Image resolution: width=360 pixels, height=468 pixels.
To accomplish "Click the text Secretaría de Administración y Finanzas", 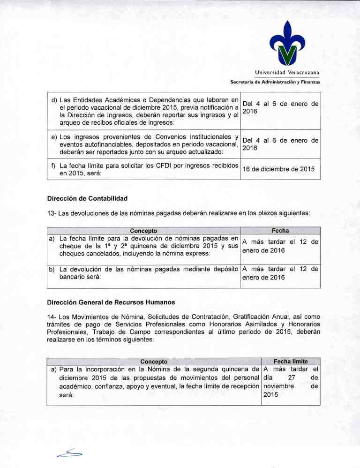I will (275, 82).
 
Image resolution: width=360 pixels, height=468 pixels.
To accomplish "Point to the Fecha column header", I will (280, 230).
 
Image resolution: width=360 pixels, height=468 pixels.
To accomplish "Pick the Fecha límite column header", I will (290, 361).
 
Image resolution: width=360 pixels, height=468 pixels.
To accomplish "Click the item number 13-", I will (52, 213).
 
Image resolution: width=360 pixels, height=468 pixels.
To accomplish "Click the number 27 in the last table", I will (292, 378).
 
